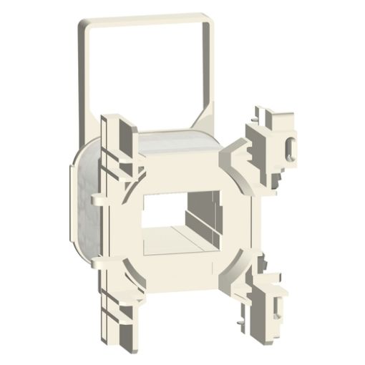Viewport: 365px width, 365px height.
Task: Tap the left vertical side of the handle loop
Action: click(x=81, y=72)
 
